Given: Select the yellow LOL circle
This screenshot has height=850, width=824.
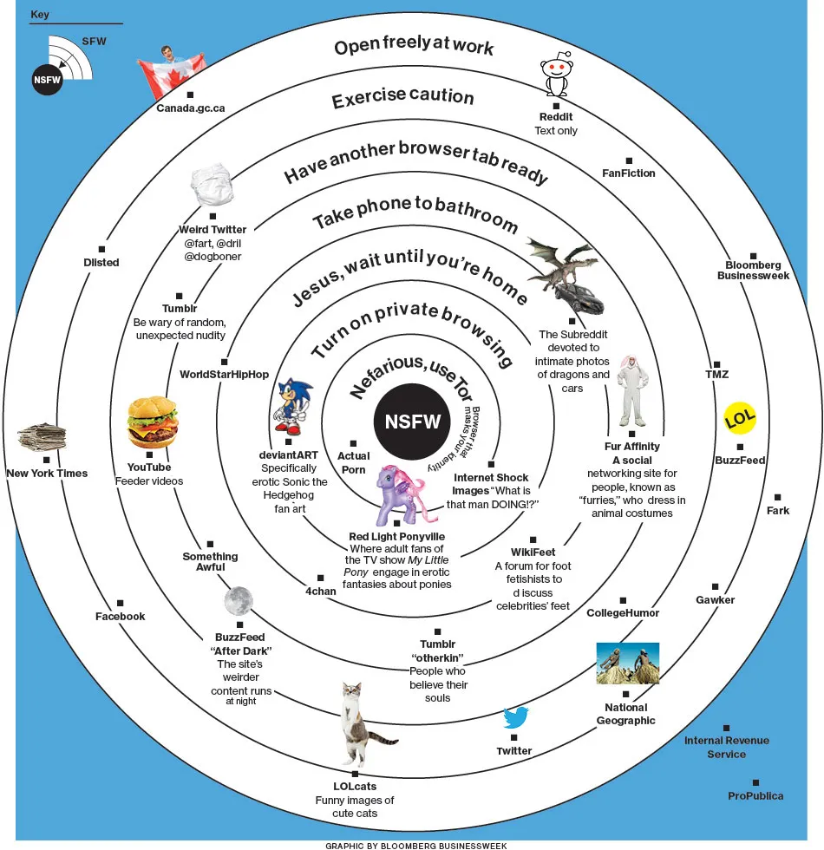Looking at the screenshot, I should [740, 419].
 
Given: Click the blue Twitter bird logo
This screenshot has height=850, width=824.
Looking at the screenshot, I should [516, 717].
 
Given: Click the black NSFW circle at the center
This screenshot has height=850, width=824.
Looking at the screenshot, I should [413, 422].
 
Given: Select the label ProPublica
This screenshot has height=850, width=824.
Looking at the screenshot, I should [755, 795].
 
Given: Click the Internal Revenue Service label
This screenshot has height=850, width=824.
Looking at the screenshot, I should [726, 747].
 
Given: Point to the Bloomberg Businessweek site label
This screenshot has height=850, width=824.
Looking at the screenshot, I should [753, 270].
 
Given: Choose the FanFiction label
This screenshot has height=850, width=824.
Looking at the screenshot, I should [629, 173].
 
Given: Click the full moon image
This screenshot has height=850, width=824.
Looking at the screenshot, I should [238, 599].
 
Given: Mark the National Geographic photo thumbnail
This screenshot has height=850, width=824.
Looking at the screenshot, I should [627, 664].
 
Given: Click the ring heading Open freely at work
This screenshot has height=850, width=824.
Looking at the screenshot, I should [414, 46].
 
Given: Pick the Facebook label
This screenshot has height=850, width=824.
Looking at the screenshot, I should [120, 616].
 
